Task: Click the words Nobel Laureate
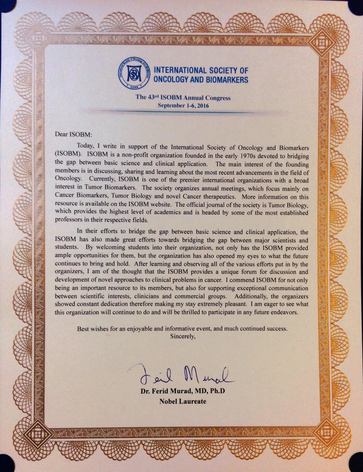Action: pyautogui.click(x=183, y=401)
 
